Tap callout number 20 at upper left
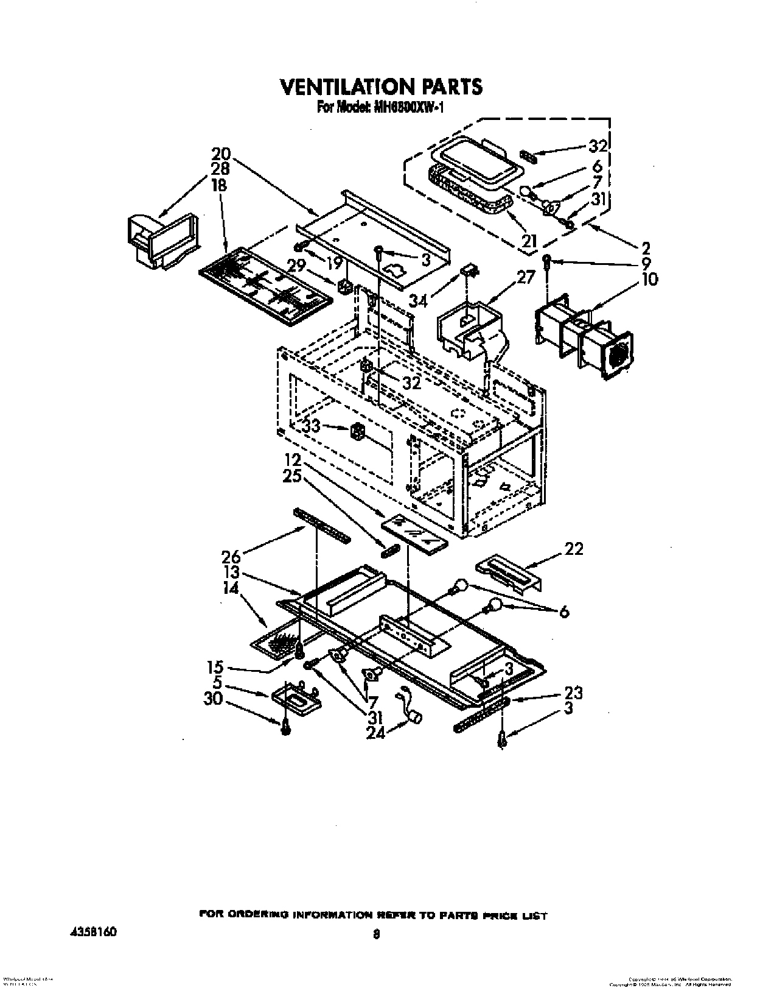(221, 154)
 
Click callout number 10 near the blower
(649, 280)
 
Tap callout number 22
(574, 549)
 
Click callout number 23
(573, 693)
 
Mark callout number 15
(216, 667)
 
